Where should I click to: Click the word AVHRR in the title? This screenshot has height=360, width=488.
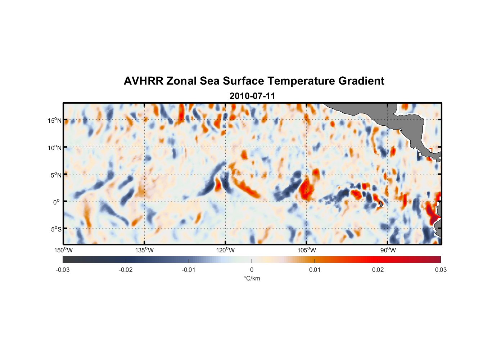[x=143, y=81]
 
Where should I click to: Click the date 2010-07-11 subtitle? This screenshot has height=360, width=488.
[x=252, y=96]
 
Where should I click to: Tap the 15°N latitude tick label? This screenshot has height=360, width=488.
[x=55, y=120]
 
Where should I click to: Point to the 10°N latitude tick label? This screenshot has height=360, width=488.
[x=55, y=148]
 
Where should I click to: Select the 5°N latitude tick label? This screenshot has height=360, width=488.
[x=56, y=175]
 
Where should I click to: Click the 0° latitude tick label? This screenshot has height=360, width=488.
[x=57, y=202]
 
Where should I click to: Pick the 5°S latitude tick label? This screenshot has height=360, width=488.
[x=56, y=229]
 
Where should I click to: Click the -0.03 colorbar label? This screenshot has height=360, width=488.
[x=63, y=270]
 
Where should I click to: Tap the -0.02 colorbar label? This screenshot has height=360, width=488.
[x=126, y=270]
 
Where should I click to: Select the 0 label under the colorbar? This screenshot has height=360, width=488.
[x=252, y=270]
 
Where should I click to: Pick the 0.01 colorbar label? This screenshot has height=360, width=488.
[x=315, y=270]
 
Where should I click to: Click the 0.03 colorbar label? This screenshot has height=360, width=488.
[x=440, y=270]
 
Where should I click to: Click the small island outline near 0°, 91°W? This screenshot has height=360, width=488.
[x=381, y=204]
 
